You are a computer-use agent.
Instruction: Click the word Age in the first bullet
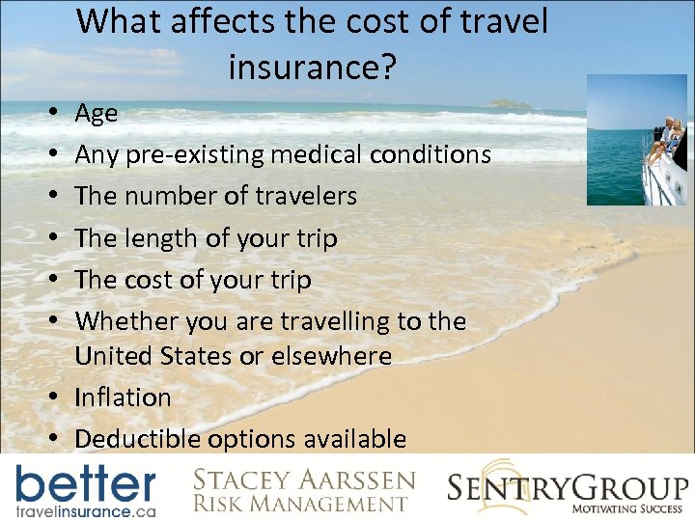pos(97,114)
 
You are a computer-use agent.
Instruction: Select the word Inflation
pos(123,398)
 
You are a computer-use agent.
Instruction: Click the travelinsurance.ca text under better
pos(84,507)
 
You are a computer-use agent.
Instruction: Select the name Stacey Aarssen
pos(304,480)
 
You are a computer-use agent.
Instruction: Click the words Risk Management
pos(300,503)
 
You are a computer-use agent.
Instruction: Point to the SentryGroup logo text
pos(568,485)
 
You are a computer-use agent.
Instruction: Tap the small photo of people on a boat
pos(637,141)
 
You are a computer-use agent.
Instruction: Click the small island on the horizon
pos(510,103)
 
